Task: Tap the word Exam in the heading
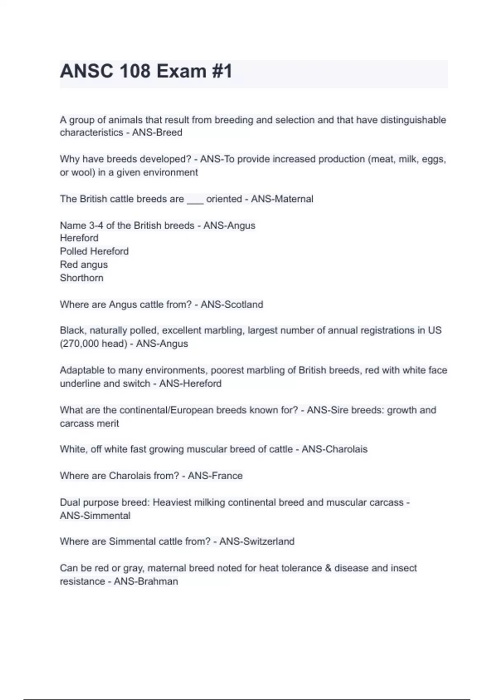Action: (x=181, y=71)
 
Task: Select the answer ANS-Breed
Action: (x=157, y=133)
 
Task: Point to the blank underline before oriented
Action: (x=195, y=199)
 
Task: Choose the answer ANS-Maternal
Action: (x=282, y=199)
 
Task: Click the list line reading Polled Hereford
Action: (x=94, y=251)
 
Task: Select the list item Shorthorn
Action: (x=82, y=278)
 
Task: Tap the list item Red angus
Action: (x=84, y=264)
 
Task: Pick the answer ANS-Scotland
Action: (x=232, y=304)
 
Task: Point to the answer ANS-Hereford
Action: (x=190, y=383)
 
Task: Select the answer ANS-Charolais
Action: (x=334, y=449)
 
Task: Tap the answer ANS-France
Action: (x=215, y=476)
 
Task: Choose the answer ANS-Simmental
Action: (x=95, y=516)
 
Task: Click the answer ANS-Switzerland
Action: (x=257, y=541)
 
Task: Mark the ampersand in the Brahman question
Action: (x=328, y=568)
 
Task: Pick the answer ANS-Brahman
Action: (x=146, y=581)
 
